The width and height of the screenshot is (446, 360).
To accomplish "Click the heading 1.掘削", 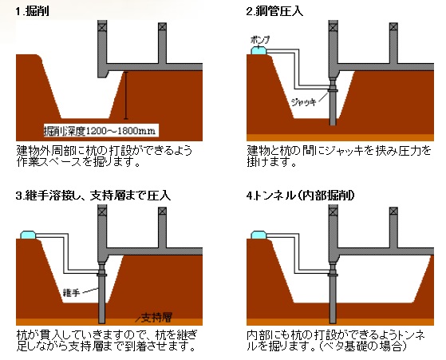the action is point(32,11).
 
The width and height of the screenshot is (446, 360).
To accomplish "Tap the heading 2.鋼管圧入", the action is point(274,11).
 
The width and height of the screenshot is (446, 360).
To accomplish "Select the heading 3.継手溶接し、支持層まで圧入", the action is point(93,196).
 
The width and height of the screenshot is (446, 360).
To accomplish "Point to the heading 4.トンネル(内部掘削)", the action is point(301,196).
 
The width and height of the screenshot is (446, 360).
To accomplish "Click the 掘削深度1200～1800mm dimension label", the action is point(100,131).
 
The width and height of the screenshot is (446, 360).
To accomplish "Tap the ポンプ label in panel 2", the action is point(260,40).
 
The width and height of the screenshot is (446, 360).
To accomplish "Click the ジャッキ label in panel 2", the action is point(304,102).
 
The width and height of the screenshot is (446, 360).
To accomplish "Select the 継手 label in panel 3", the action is point(72,293).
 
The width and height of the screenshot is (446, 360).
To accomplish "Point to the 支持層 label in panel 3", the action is point(156,317).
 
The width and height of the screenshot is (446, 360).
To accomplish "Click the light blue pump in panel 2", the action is point(259,50).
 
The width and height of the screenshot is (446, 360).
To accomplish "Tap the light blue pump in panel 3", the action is point(28,235).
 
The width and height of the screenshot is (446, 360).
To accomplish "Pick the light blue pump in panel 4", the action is point(259,235).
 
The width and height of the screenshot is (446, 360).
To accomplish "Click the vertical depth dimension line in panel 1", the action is point(126,95).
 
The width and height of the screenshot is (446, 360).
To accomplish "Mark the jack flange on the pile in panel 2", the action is point(333,91).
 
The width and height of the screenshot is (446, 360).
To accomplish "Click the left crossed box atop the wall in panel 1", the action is point(102,27).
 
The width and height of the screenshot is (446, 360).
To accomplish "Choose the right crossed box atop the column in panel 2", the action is point(393,27).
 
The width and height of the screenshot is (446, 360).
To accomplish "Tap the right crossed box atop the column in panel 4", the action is point(393,212).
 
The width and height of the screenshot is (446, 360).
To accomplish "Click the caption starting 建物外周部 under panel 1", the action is point(104,156).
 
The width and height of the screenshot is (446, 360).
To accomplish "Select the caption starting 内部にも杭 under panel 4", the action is point(336,341).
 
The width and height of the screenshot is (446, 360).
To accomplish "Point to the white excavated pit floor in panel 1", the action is point(85,115).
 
